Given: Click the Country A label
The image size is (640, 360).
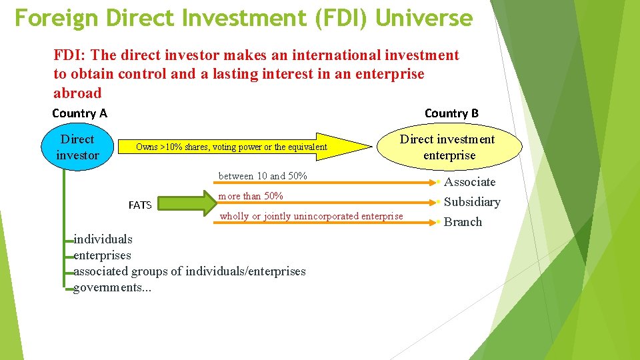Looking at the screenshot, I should pos(79,113).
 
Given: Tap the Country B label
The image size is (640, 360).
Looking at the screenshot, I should pos(451,113).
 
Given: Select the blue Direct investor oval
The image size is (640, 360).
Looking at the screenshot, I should pos(77,147).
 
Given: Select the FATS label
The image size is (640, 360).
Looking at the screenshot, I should pos(140,205).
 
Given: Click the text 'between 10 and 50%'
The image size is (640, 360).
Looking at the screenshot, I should pos(263,176).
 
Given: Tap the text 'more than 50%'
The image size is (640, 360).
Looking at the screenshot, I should pos(251,196).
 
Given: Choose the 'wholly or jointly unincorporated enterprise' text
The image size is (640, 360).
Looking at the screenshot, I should pos(311,216).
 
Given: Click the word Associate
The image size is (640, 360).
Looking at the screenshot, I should pos(470,182).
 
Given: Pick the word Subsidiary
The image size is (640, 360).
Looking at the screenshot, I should pos(472,202).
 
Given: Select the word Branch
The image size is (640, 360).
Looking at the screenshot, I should pos(463,222).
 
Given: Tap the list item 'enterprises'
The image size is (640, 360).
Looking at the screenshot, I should pos(103,255).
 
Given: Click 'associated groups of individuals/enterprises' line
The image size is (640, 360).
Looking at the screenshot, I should pos(189,271).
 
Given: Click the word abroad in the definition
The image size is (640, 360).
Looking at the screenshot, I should pos(77,93).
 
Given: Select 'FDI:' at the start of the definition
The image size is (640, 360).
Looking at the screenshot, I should pos(68,55).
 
